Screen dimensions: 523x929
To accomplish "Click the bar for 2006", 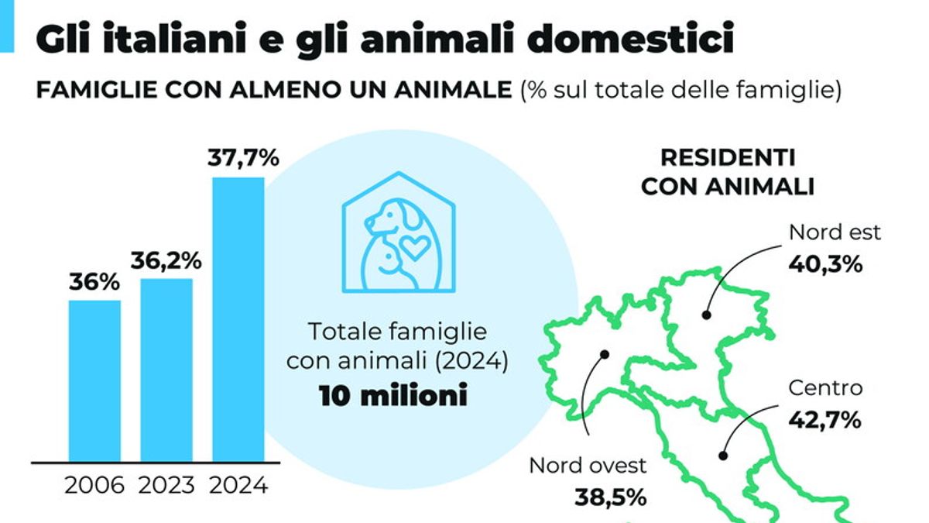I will tap(94, 380).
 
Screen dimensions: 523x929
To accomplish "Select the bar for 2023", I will tap(166, 370).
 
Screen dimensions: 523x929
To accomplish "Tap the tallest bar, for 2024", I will tap(238, 319).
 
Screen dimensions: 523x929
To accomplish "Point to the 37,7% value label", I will tap(242, 158).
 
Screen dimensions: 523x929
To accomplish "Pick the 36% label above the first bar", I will tap(94, 282).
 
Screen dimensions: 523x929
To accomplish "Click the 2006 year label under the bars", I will tap(94, 486).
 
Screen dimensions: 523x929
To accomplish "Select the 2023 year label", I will tap(166, 486).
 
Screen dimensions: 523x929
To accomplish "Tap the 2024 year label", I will tap(239, 486).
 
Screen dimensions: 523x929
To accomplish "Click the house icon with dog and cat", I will tap(399, 232).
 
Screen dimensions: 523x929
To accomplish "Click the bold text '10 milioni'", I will tap(393, 396).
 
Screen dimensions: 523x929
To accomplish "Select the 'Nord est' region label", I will tap(824, 232).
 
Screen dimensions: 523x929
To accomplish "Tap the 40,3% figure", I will tap(824, 264).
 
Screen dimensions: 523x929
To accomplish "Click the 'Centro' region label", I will tap(824, 387).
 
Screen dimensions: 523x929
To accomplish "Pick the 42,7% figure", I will tap(824, 420).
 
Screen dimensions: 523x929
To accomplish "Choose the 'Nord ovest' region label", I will tap(588, 466).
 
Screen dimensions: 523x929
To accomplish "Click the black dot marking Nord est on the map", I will tap(706, 315).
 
